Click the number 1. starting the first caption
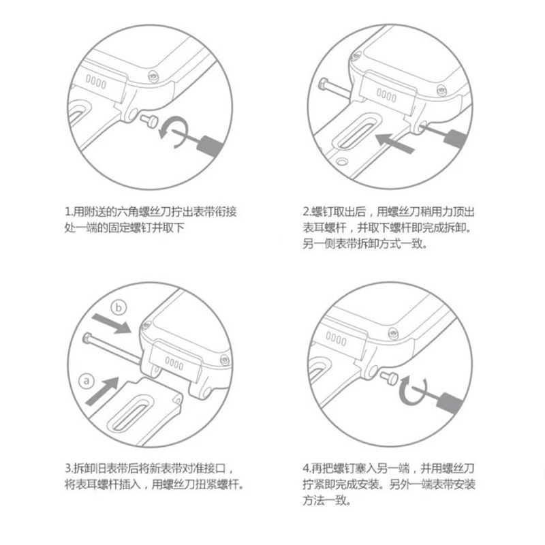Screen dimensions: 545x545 69,212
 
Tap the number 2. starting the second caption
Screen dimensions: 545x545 307,212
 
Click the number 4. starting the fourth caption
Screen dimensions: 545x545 307,469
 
